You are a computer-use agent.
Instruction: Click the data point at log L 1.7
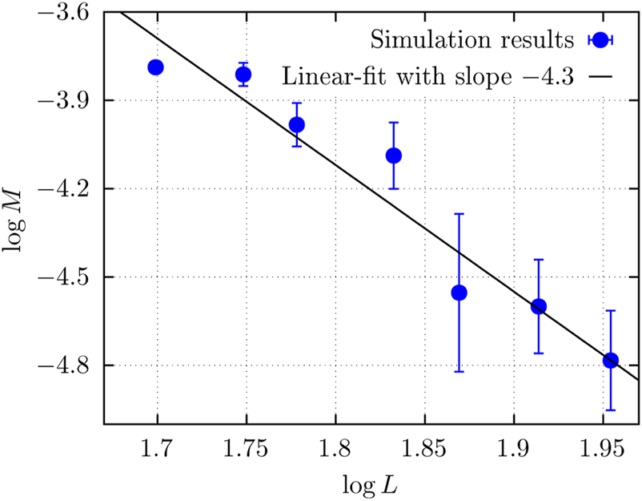[x=155, y=67]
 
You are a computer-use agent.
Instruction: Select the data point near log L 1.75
[x=243, y=75]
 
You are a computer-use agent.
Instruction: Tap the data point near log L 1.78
[x=296, y=124]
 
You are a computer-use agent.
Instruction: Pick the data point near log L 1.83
[x=393, y=156]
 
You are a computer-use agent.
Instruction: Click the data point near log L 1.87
[x=459, y=293]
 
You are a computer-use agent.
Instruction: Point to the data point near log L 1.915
[x=538, y=306]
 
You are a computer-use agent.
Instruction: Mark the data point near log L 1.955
[x=610, y=360]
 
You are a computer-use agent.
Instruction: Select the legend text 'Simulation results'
[x=475, y=38]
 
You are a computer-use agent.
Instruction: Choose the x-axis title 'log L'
[x=371, y=483]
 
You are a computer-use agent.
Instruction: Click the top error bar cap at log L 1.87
[x=459, y=214]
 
